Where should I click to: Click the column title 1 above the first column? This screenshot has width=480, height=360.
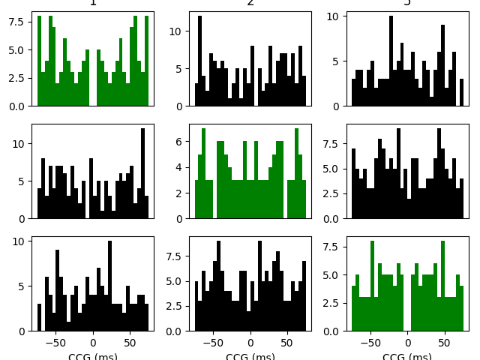(93, 3)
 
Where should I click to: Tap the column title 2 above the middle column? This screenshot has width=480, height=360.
(250, 3)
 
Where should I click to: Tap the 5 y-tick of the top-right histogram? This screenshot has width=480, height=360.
(337, 61)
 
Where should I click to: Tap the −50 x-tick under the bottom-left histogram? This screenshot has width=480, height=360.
(55, 343)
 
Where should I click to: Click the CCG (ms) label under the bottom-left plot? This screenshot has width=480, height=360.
(93, 356)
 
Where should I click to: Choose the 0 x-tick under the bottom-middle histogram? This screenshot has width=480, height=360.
(250, 343)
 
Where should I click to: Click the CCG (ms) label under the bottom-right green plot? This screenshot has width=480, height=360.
(408, 356)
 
